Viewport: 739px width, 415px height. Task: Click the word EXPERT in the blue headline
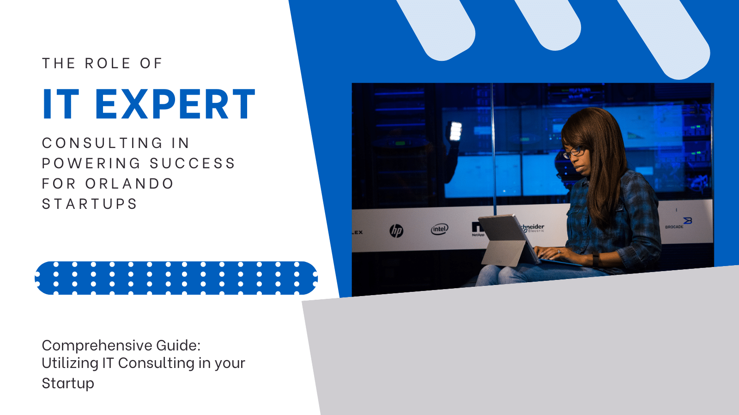(175, 104)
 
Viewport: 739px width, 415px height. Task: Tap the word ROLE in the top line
(108, 63)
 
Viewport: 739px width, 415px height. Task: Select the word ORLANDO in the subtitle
(129, 184)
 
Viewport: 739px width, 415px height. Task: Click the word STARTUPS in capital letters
(89, 204)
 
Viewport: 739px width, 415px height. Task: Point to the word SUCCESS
(192, 163)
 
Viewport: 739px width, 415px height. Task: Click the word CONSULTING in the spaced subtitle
(102, 143)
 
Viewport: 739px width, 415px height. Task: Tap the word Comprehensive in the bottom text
(97, 346)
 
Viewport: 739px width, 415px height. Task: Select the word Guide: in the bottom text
(178, 345)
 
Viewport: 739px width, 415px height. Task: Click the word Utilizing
(70, 364)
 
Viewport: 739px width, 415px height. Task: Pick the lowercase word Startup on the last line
(68, 384)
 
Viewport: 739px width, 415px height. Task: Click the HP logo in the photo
(396, 231)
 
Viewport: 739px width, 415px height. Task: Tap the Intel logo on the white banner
(439, 229)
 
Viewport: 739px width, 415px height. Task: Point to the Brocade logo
(678, 223)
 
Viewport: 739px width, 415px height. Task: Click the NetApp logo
(478, 229)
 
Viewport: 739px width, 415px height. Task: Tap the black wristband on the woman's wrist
(595, 259)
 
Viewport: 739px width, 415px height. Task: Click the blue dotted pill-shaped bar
(176, 278)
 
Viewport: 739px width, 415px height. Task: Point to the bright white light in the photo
(455, 131)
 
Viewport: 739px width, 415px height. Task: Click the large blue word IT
(61, 104)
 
